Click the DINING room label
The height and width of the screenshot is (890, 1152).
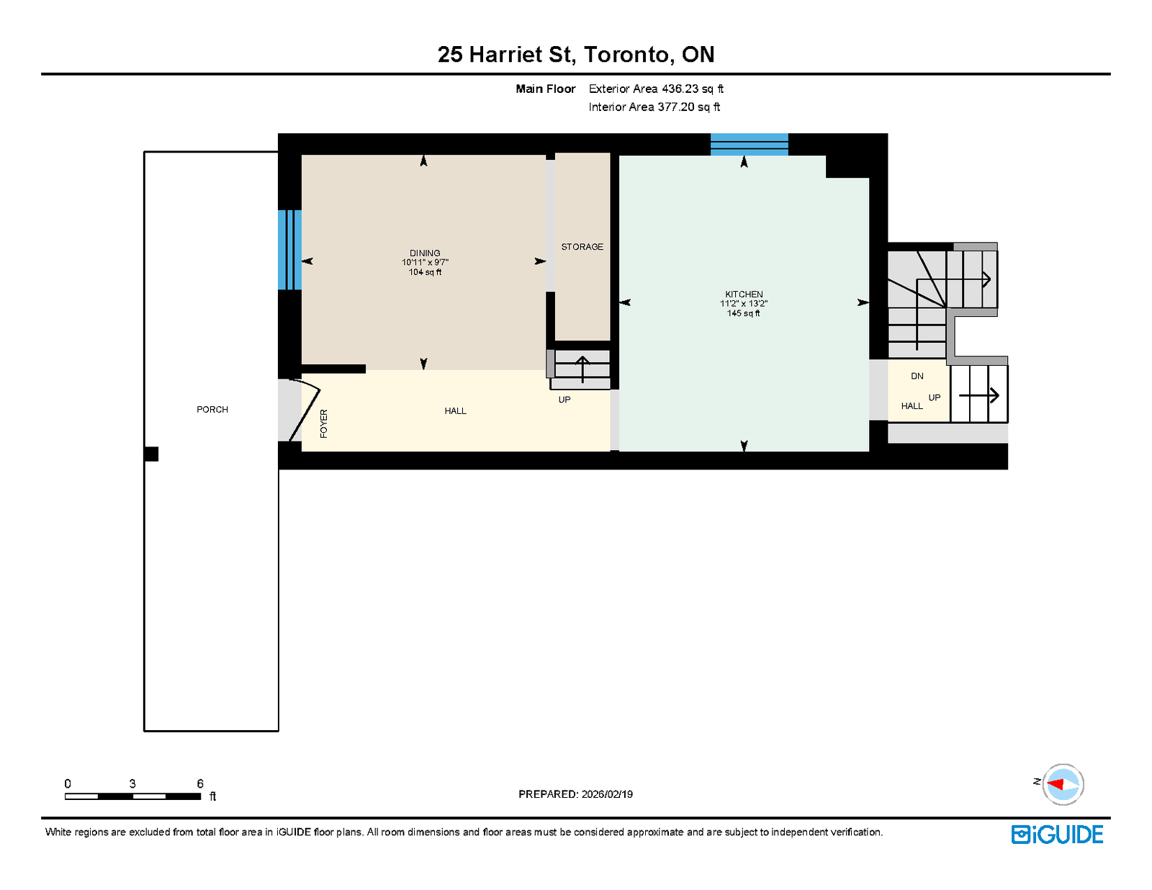pos(425,253)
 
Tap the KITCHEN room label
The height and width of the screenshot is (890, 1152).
pos(744,295)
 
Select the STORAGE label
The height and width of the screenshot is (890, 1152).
pos(582,246)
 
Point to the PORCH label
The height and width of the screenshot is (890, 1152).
pos(212,409)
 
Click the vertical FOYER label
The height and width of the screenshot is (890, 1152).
pos(324,423)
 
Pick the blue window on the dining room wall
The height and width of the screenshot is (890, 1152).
pos(290,250)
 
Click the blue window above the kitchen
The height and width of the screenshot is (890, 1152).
pos(749,145)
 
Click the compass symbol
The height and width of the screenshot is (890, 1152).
pos(1063,785)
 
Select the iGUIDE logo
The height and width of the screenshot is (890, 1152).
pos(1057,835)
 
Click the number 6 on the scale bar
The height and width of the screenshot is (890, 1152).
pos(200,783)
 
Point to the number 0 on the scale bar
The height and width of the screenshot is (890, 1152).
pos(68,783)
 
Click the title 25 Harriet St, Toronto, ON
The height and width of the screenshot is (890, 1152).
pos(576,54)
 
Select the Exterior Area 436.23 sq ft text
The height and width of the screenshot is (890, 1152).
pos(656,89)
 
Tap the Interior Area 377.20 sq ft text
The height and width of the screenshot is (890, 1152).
pos(654,107)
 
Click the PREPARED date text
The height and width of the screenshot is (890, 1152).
pos(576,794)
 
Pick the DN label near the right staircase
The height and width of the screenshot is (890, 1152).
pos(917,376)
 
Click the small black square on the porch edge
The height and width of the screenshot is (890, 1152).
pos(151,454)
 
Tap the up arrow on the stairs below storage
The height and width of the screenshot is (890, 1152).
pos(582,369)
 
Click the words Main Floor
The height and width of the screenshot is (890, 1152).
pos(546,89)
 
